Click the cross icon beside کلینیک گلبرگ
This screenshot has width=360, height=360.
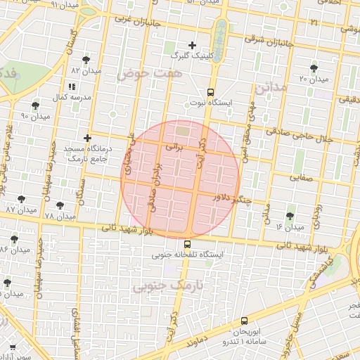point(192,45)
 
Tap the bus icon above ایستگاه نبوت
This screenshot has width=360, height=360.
point(210,92)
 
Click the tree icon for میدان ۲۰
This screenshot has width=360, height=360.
point(313,68)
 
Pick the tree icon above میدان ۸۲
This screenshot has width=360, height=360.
point(86,60)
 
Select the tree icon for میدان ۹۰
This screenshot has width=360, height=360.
point(35,105)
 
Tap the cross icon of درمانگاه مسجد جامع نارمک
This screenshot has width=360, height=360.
point(87,138)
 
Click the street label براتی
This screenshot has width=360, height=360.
point(173,149)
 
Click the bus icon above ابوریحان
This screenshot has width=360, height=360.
point(244,320)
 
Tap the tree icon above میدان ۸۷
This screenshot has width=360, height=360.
point(21,200)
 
